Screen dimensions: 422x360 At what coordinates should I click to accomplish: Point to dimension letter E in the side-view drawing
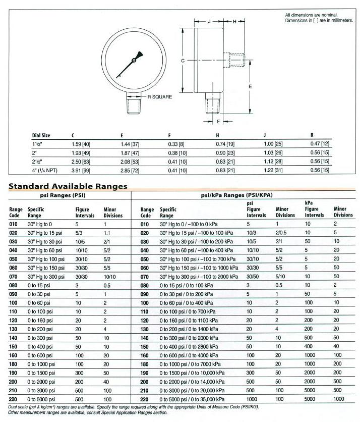click(x=250, y=87)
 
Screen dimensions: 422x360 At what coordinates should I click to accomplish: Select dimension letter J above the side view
click(x=209, y=22)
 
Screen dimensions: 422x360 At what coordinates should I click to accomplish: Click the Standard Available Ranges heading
click(x=68, y=186)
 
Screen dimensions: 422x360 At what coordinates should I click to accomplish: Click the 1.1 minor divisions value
click(x=107, y=233)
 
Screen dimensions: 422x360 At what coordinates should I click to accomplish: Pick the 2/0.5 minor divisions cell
click(x=281, y=233)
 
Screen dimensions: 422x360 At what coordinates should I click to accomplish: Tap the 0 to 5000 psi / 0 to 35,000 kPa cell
click(x=197, y=398)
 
